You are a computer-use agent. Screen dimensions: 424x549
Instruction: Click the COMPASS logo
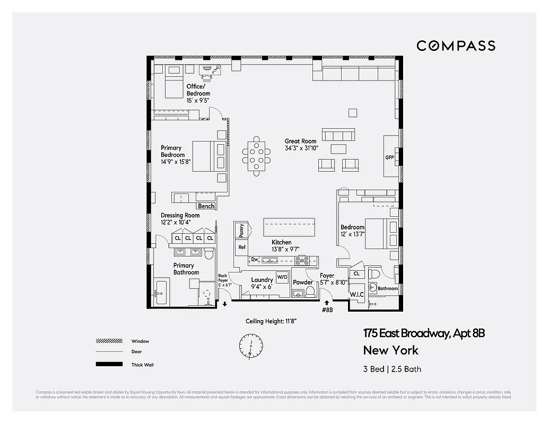(x=456, y=46)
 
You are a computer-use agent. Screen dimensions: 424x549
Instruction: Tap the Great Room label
(x=300, y=142)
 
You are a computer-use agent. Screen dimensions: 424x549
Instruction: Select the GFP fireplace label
(x=390, y=158)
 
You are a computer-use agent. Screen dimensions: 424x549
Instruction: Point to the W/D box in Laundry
(x=282, y=277)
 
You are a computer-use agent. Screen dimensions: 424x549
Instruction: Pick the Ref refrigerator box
(x=242, y=247)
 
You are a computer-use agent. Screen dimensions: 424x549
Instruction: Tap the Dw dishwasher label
(x=255, y=259)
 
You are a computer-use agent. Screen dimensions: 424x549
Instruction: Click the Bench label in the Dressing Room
(x=206, y=206)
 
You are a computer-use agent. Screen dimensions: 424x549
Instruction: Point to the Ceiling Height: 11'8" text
(x=271, y=321)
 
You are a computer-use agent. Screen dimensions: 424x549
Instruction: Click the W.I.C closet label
(x=355, y=295)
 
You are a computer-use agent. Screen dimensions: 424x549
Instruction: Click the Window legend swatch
(x=106, y=341)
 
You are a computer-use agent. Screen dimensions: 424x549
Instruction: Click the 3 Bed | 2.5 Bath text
(x=392, y=369)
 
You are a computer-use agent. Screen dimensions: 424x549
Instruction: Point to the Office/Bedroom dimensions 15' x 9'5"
(x=198, y=100)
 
